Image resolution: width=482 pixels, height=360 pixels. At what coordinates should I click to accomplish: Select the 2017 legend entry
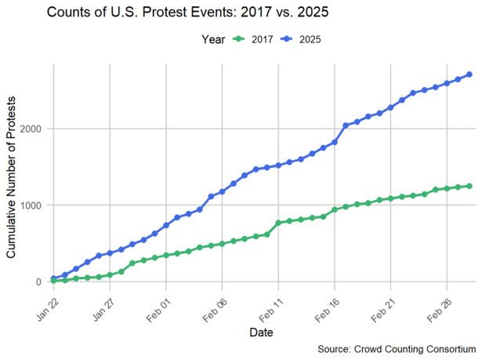coord(252,38)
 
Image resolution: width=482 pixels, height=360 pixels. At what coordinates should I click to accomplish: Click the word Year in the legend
coord(213,38)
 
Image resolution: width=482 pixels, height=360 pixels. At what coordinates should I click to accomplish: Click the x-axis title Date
coord(261,333)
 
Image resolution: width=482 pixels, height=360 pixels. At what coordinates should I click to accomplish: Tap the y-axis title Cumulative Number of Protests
coord(13,173)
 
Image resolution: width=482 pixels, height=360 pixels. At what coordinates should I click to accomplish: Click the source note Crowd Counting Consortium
coord(397,348)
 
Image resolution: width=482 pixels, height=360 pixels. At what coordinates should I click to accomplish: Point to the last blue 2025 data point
coord(469,75)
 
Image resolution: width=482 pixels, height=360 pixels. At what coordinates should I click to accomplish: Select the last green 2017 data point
coord(469,186)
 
